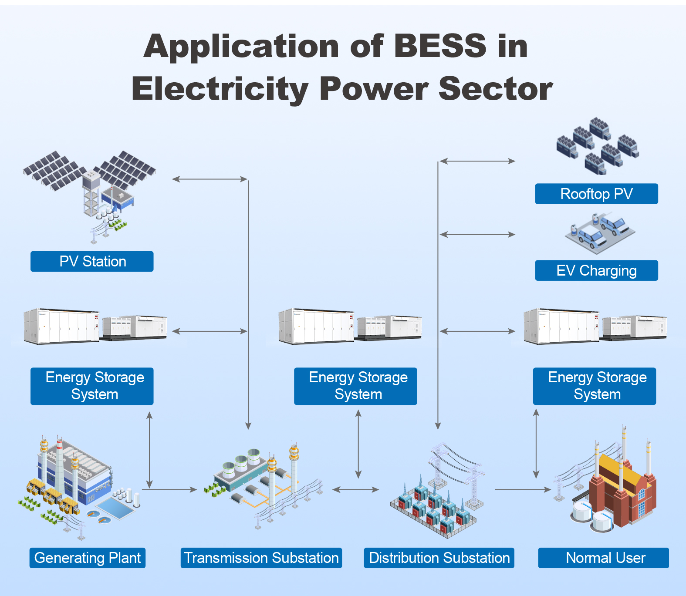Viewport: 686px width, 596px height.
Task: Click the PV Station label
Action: point(92,261)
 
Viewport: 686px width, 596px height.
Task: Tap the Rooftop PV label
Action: point(596,194)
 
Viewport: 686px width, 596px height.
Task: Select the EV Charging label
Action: point(596,270)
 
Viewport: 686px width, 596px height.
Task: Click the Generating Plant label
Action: point(88,558)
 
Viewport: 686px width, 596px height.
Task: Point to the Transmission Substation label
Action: point(261,558)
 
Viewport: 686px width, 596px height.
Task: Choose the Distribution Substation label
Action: point(439,558)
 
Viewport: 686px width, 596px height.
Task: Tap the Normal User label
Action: point(604,558)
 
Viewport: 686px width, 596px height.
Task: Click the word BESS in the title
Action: point(440,46)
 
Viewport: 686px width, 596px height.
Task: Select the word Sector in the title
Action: point(496,89)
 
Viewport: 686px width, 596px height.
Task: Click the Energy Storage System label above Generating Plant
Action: point(92,386)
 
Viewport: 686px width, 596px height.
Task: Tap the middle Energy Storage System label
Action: point(355,386)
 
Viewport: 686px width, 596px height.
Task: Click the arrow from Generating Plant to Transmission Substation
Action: point(169,490)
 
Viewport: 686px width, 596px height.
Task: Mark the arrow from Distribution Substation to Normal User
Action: point(523,490)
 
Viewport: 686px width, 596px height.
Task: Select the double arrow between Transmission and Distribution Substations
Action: point(356,490)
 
